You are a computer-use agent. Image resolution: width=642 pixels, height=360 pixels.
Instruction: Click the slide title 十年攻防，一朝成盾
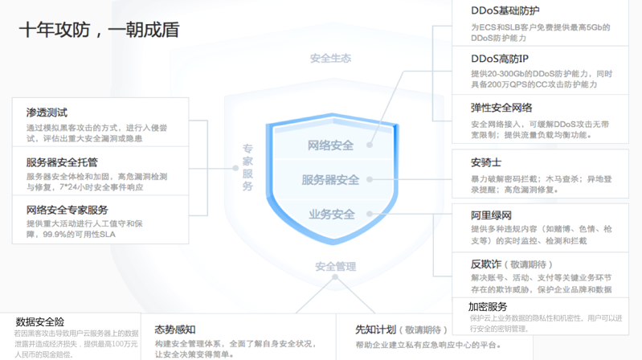[x=99, y=31]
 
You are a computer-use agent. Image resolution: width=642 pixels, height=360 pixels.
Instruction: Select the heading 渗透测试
[x=47, y=112]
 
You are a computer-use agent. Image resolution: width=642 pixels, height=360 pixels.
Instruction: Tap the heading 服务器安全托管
[x=62, y=162]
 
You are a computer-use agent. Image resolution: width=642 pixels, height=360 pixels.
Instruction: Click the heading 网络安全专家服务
[x=67, y=210]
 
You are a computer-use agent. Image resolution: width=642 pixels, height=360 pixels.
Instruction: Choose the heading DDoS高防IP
[x=500, y=59]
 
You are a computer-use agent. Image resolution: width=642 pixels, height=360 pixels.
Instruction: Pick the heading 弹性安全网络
[x=501, y=108]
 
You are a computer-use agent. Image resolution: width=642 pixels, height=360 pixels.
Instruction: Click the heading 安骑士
[x=486, y=162]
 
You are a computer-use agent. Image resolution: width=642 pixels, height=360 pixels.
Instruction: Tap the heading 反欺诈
[x=486, y=264]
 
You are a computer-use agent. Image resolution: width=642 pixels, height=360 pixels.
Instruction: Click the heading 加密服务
[x=488, y=306]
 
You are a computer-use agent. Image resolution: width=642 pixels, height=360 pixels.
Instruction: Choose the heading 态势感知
[x=174, y=329]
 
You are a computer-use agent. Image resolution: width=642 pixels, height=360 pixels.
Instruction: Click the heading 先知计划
[x=376, y=329]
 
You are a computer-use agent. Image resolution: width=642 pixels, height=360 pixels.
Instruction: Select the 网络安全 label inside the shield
[x=331, y=145]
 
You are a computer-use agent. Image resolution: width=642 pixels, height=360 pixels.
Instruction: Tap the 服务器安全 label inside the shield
[x=331, y=180]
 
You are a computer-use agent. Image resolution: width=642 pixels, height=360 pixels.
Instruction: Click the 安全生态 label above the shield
[x=330, y=58]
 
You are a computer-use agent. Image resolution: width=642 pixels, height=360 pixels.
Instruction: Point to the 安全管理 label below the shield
[x=335, y=266]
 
